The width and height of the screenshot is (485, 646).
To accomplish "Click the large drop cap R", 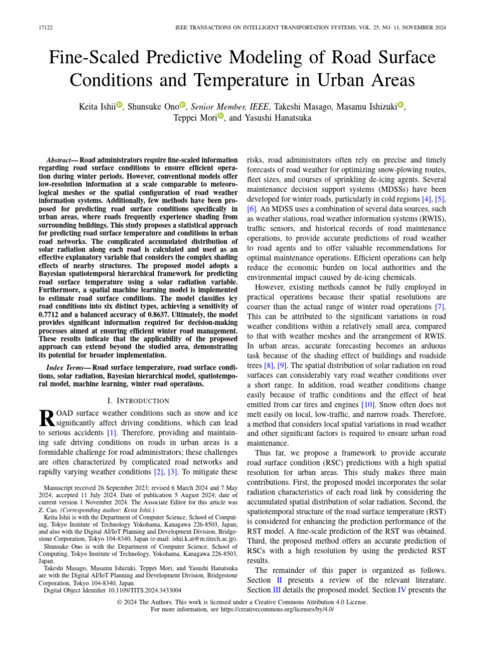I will click(46, 420).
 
